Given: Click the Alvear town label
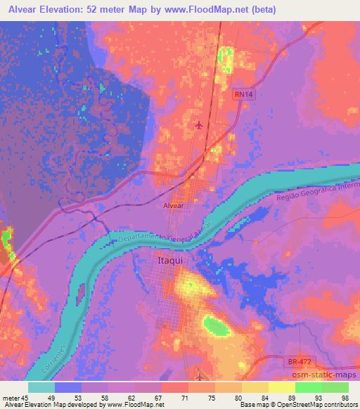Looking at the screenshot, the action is click(173, 208).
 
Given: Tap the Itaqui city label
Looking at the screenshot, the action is click(169, 261).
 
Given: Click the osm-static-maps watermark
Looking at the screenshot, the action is click(328, 374).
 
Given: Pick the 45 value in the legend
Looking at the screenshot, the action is click(26, 398).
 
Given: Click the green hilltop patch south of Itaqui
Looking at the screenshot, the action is click(216, 325).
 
